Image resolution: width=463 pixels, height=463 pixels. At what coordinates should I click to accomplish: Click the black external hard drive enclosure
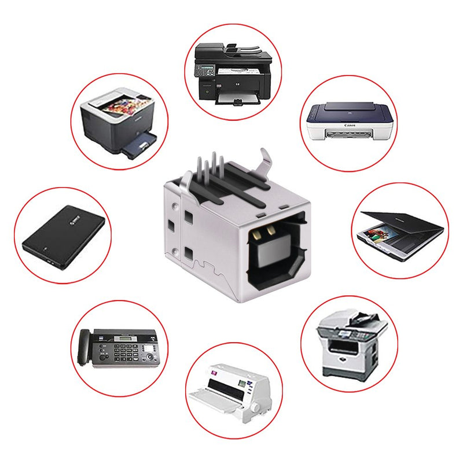tap(64, 238)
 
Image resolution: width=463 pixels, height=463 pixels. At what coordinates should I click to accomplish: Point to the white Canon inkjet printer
tap(350, 122)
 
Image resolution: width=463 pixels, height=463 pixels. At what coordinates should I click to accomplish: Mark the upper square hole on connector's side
tap(188, 218)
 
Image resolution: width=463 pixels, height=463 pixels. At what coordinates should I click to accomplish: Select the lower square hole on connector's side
tap(188, 252)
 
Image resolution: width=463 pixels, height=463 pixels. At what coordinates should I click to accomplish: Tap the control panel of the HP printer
tap(204, 71)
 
